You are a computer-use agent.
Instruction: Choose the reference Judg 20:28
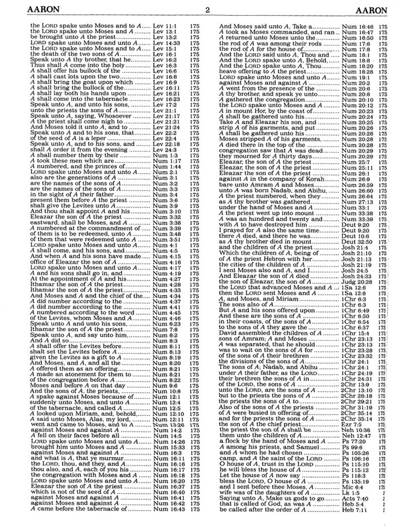click(355, 280)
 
